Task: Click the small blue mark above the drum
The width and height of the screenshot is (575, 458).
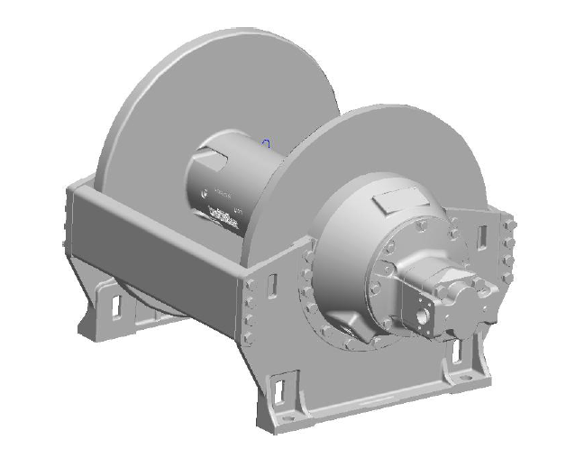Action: coord(268,142)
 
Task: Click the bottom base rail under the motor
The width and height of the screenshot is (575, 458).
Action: coord(379,397)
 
